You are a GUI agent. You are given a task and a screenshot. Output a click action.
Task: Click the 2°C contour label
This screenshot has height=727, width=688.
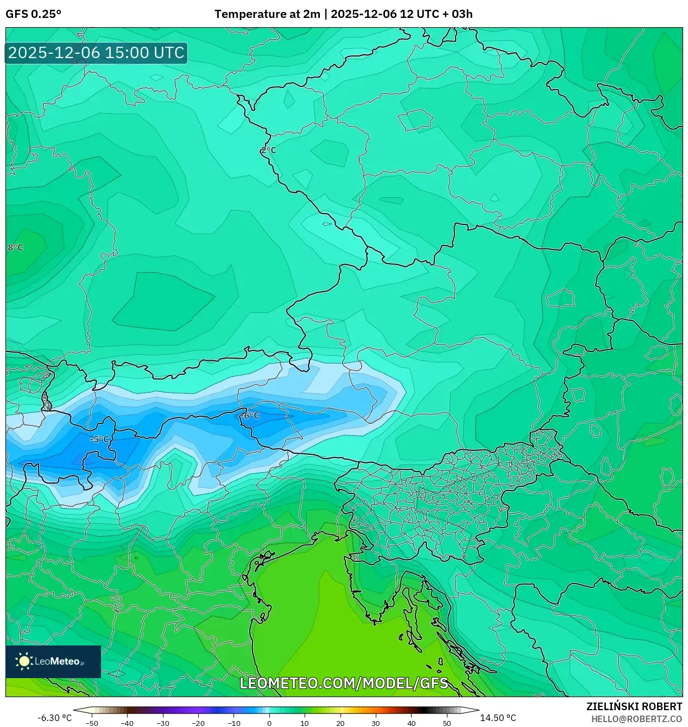coord(269,150)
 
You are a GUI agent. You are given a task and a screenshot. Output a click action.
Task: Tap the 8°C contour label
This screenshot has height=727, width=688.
coord(16,248)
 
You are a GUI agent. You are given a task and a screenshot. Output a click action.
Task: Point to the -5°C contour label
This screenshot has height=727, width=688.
coord(99,439)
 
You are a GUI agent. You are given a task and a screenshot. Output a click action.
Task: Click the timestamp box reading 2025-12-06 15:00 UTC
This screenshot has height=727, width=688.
coord(96,53)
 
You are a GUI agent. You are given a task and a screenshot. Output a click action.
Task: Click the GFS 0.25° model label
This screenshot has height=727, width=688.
coord(33,14)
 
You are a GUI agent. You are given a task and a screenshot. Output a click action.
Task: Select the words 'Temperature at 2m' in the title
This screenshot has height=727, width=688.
coord(267,14)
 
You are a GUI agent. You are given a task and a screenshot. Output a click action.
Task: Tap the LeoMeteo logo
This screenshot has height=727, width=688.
coord(53,661)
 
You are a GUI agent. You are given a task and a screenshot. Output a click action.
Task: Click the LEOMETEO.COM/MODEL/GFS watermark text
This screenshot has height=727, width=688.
coord(344,683)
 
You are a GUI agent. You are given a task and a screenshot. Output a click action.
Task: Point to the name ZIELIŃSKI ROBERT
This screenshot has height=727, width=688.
coord(634,706)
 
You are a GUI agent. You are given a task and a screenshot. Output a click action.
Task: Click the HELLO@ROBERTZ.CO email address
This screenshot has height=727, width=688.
coord(636,719)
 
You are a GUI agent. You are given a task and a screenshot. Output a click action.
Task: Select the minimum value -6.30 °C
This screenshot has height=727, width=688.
coord(54,718)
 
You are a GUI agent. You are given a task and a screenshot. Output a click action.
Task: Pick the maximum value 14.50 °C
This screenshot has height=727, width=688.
coord(497,718)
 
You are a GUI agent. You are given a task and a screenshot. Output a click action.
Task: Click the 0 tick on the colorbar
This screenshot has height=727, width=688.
coord(269,723)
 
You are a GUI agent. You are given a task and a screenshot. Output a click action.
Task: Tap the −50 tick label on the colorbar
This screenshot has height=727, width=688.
coord(92,723)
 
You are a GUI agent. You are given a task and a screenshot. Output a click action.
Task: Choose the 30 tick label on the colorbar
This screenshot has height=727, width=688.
coord(376,723)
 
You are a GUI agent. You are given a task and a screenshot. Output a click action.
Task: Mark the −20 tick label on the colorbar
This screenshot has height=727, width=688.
coord(198,723)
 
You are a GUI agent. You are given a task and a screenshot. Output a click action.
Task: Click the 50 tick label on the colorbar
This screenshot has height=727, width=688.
coord(446,723)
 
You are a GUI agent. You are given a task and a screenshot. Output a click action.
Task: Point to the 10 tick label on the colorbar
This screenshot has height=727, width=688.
coord(305,723)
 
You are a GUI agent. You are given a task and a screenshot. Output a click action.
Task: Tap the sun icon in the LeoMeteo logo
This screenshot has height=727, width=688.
coord(24,661)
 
